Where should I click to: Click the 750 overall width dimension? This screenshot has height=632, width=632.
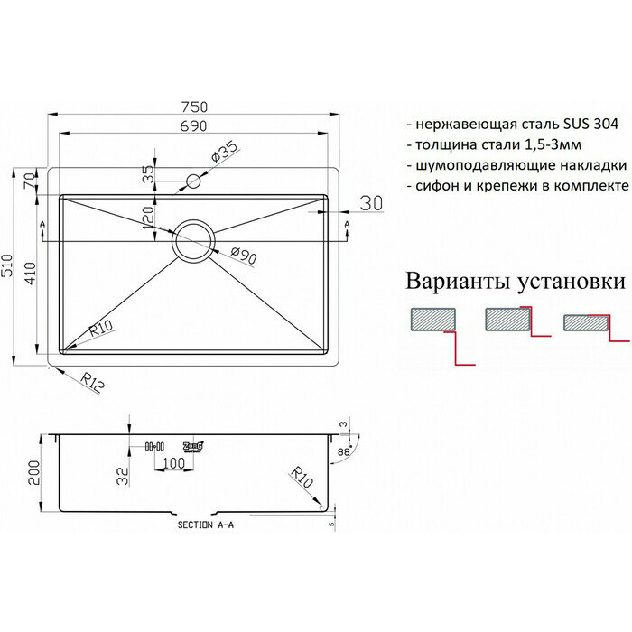pyautogui.click(x=194, y=104)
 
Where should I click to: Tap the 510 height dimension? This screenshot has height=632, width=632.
pyautogui.click(x=10, y=266)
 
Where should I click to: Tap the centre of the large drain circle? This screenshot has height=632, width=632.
pyautogui.click(x=193, y=241)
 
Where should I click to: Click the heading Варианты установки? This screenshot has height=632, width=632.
pyautogui.click(x=516, y=283)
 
